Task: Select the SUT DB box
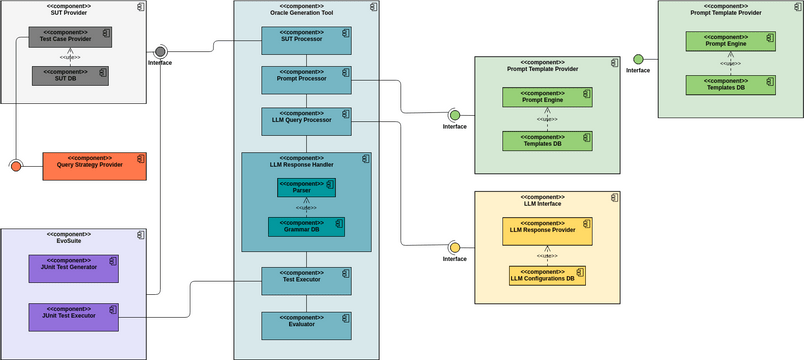pos(69,75)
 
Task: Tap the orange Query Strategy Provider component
pos(95,165)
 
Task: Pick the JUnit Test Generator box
pos(73,267)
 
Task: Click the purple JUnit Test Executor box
pos(73,317)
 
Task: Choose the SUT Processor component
pos(306,40)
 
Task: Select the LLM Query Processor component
pos(306,122)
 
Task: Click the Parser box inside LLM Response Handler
pos(306,187)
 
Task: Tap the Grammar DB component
pos(306,227)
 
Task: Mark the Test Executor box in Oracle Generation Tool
pos(306,281)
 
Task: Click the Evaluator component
pos(306,325)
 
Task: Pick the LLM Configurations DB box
pos(547,275)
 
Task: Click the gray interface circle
pos(160,51)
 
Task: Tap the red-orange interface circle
pos(15,165)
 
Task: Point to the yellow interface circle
pos(454,247)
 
